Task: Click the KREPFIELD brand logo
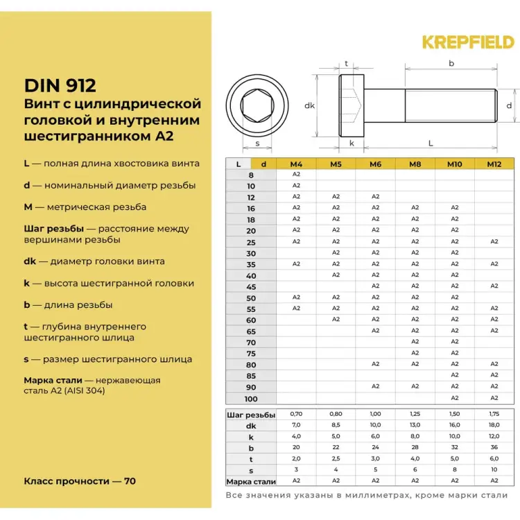[468, 42]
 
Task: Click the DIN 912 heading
[60, 85]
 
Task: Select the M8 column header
[415, 164]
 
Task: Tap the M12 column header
[494, 164]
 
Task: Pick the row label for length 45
[251, 286]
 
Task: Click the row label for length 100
[251, 399]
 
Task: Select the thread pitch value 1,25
[415, 414]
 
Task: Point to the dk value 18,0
[494, 425]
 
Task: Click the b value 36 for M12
[494, 447]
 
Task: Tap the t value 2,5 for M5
[336, 458]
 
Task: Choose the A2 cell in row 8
[296, 175]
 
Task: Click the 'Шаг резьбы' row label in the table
[251, 415]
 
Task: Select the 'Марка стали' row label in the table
[251, 481]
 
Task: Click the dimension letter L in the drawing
[431, 144]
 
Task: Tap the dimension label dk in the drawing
[309, 106]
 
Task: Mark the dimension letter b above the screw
[451, 63]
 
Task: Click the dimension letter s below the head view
[257, 144]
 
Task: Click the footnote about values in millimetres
[367, 495]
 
